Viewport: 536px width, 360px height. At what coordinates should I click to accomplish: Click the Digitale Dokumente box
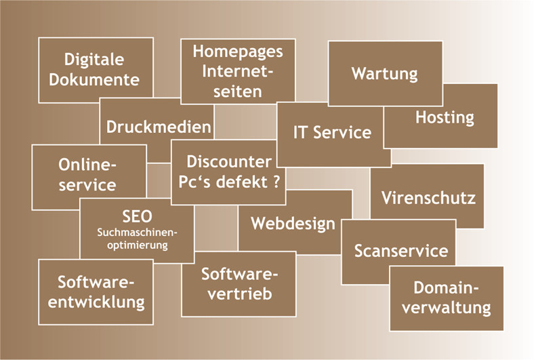coord(96,70)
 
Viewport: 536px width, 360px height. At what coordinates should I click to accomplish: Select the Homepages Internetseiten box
coord(237,71)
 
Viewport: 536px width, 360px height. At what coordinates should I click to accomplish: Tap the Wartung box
coord(384,73)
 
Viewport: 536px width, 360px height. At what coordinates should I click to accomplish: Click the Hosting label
coord(445,117)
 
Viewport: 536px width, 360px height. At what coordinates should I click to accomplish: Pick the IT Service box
coord(332,132)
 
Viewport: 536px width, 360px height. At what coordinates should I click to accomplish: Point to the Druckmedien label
coord(159,127)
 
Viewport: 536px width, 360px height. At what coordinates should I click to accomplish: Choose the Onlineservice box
coord(88,175)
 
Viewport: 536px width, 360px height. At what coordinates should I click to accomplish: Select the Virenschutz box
coord(428,198)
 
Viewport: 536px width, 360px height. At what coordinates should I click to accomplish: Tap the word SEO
coord(137,217)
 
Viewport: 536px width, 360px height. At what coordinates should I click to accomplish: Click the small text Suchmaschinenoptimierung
coord(137,239)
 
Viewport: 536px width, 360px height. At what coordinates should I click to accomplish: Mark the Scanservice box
coord(400,251)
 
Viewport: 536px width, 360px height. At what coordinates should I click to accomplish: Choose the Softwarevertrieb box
coord(238,284)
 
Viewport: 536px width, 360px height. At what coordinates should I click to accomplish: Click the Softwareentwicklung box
coord(96,292)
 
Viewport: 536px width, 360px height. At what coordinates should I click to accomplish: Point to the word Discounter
coord(229,162)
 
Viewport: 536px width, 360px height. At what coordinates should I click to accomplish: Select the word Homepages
coord(237,51)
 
